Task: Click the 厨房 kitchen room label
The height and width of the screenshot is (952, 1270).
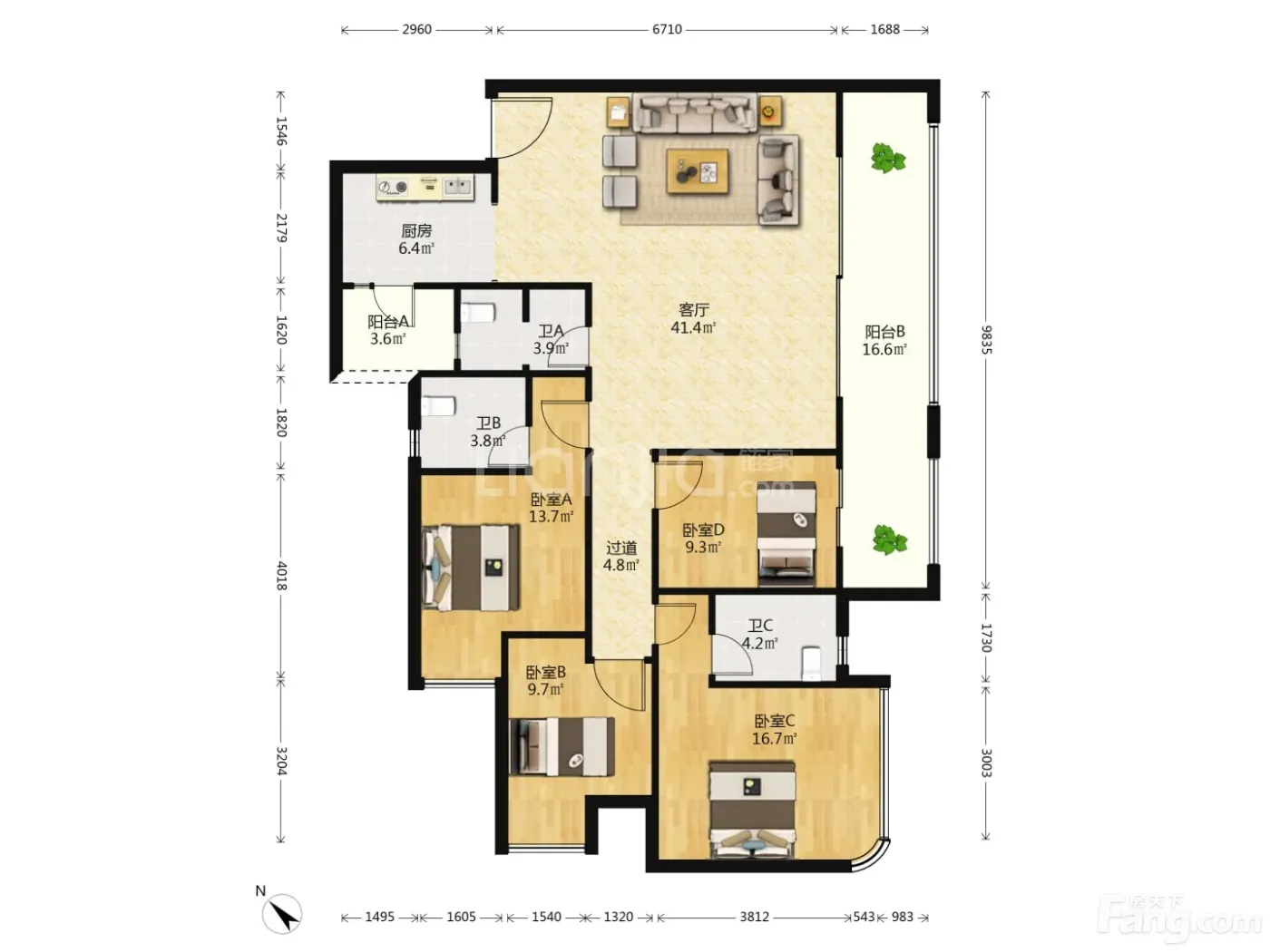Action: click(x=416, y=231)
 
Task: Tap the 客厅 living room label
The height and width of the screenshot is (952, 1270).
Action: click(x=693, y=310)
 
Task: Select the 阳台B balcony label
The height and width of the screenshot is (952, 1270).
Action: click(x=884, y=332)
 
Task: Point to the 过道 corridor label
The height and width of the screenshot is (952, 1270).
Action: click(x=620, y=547)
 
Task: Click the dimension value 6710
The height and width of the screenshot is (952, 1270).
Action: click(x=667, y=30)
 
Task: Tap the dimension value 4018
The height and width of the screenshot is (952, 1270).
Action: click(x=281, y=575)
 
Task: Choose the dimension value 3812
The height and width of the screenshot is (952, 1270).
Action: click(x=754, y=917)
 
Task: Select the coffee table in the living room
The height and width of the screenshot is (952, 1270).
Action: click(x=698, y=171)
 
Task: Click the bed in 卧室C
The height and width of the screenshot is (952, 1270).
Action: click(x=753, y=811)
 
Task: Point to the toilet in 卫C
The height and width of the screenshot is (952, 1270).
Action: click(x=811, y=663)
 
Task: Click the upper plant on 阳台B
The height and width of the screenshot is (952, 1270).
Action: click(x=887, y=159)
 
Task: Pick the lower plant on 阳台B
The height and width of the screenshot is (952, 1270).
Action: click(x=890, y=539)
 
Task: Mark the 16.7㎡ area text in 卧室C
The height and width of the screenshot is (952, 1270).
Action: click(x=774, y=738)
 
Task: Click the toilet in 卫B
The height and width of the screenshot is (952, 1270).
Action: click(x=439, y=406)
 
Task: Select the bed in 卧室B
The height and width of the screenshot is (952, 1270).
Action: click(x=562, y=746)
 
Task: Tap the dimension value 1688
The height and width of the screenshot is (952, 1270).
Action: click(x=884, y=30)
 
